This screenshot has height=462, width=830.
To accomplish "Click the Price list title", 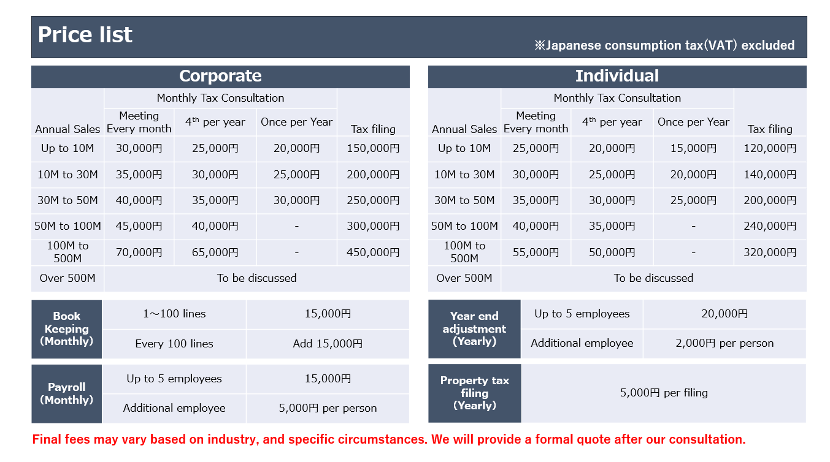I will point(85,35).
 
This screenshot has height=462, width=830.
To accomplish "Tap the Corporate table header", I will point(220,76).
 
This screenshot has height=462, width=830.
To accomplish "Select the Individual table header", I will point(617,76).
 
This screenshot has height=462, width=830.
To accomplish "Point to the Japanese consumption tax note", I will point(664,45).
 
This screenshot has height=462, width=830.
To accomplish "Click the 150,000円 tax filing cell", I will point(373,148).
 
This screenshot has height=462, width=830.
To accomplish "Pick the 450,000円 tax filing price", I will point(373,252).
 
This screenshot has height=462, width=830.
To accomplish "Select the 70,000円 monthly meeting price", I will point(139,252).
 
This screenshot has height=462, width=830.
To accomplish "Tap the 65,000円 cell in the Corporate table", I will point(215,252).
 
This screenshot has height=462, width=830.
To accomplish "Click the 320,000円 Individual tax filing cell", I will point(770,252).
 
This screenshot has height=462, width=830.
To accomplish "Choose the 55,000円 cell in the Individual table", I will point(536,252).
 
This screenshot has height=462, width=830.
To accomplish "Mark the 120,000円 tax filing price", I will point(770,148).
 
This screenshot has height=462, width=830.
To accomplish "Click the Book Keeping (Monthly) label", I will point(66,329).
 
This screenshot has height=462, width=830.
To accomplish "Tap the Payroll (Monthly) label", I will point(66,393).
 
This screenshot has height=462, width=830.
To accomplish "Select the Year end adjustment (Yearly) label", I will point(474,329).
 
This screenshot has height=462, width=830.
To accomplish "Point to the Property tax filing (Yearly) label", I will point(474,393).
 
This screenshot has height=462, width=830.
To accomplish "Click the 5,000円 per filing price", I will point(664,393).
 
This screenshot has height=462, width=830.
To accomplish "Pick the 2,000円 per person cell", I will point(724,343).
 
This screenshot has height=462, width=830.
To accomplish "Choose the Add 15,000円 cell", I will point(328,344).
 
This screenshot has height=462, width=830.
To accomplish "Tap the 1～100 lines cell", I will point(174,314).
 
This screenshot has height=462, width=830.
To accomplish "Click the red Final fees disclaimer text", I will point(389,439).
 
